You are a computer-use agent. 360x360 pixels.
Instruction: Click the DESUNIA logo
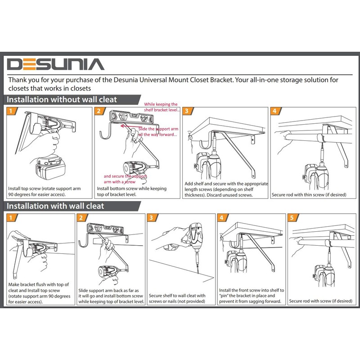click(56, 64)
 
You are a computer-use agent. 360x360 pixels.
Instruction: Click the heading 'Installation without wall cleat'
click(63, 99)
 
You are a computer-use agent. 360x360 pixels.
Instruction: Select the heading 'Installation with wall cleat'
click(56, 206)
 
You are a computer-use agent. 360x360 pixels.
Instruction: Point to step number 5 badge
click(292, 218)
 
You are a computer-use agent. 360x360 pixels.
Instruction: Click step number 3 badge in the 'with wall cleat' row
click(152, 218)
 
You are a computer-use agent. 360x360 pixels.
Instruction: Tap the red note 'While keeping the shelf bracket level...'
click(161, 107)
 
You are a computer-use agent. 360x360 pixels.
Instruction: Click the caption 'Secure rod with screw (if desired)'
click(320, 301)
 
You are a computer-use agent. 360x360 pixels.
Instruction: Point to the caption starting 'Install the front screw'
click(250, 295)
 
